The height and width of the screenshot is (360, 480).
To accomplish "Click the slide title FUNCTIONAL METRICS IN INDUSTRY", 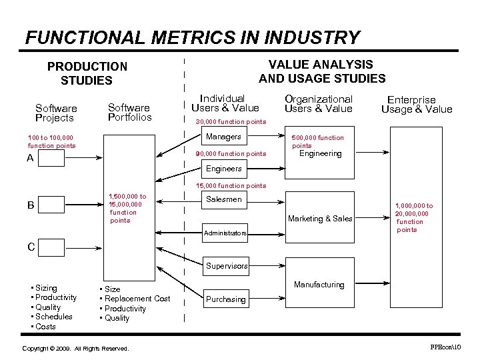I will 192,37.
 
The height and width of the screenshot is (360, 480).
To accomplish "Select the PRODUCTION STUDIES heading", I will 87,73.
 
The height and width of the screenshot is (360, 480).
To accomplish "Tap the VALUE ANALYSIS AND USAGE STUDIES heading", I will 322,71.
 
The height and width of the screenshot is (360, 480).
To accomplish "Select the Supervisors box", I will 226,265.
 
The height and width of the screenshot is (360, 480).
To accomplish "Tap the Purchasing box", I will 225,299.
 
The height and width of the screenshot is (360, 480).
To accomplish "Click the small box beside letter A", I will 51,158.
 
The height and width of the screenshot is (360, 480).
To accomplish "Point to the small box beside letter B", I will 51,205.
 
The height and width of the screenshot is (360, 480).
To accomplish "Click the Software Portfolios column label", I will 129,112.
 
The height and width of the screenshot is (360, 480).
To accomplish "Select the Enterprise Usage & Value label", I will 417,105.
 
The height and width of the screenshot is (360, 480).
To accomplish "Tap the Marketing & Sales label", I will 320,219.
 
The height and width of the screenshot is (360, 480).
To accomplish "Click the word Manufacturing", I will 319,285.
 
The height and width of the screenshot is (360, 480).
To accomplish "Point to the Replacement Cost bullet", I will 137,299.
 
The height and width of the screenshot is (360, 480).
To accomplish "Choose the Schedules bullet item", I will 54,317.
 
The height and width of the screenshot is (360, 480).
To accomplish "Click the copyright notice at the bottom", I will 75,349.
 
